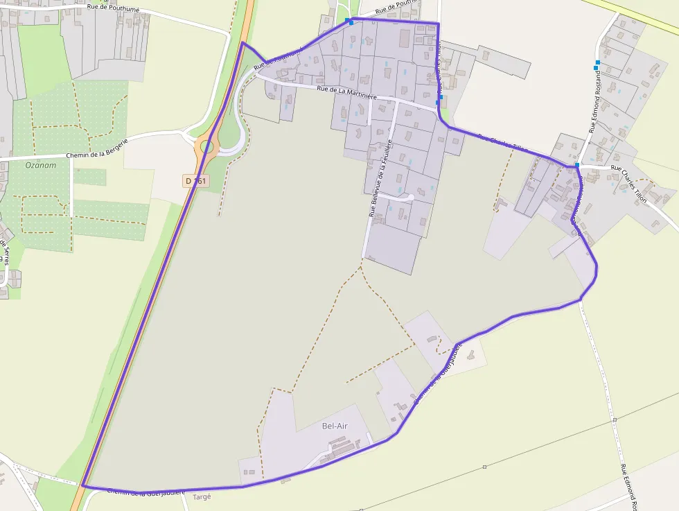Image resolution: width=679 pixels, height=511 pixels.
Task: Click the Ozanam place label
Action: pos(39,165)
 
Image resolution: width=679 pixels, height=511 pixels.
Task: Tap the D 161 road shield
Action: pos(196,181)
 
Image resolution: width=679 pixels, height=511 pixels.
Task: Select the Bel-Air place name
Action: pos(335,426)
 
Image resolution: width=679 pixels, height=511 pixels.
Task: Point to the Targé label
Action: pos(201,497)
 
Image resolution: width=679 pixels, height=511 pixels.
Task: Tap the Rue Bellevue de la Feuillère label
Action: pos(380,178)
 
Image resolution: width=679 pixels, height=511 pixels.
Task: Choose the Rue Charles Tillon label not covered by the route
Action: pos(628,183)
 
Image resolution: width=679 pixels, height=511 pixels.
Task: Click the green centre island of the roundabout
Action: pos(206,146)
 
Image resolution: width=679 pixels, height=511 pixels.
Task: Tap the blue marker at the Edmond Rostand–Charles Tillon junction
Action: pos(576,165)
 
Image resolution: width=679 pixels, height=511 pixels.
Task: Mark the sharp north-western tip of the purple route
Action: pos(242,43)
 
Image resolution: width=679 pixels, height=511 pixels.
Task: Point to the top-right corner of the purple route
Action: pos(439,24)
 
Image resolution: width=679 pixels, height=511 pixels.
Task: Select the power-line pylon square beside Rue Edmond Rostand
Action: pos(614,420)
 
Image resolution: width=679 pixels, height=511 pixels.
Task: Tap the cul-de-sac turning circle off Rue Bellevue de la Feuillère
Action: pos(410,198)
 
